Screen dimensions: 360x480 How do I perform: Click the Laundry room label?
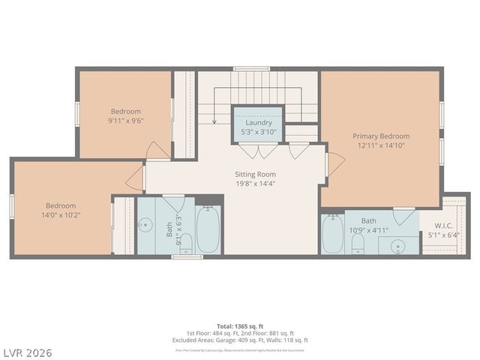coord(257,122)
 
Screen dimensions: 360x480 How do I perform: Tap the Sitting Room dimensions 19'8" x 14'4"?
coord(256,183)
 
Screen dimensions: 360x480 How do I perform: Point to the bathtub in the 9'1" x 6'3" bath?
coord(208,228)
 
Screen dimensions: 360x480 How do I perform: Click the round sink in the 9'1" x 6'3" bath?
coord(145,225)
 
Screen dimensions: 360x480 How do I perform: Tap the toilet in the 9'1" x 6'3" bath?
coord(187,242)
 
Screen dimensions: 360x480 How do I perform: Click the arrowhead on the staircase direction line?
coord(214,121)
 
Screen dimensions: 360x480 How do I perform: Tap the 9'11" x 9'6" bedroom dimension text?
coord(126,120)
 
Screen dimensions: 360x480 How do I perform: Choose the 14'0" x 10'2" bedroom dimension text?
coord(60,214)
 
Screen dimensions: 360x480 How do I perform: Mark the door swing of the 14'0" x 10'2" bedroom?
coord(135,178)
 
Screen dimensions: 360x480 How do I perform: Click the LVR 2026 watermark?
coord(27,352)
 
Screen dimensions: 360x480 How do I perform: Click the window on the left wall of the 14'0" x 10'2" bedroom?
coord(10,206)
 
